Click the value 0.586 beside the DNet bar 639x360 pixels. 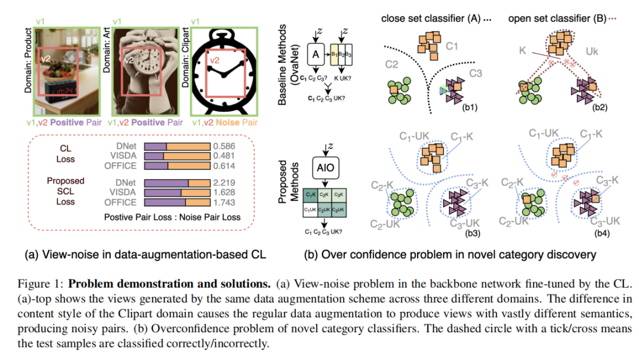coord(224,146)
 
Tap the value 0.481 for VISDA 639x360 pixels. coord(224,156)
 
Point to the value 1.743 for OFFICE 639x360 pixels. coord(224,202)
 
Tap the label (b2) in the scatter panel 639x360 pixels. coord(602,108)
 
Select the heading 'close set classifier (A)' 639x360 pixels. coord(433,18)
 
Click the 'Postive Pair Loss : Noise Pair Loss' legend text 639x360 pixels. coord(172,217)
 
